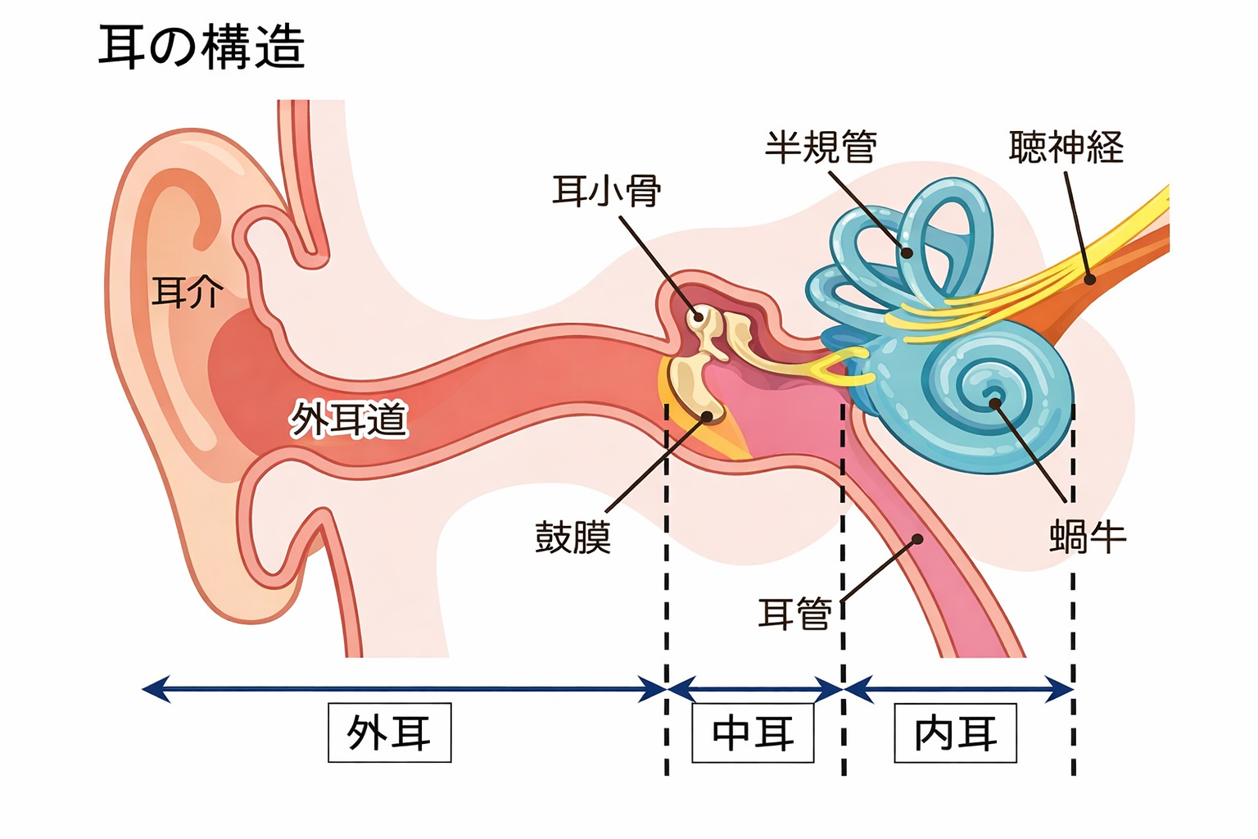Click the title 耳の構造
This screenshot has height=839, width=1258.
[x=201, y=48]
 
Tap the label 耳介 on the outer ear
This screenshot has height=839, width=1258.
[x=188, y=293]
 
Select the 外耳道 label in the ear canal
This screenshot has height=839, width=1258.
[x=349, y=419]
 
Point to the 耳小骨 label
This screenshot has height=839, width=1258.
[x=606, y=192]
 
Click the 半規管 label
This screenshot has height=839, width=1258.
[x=821, y=147]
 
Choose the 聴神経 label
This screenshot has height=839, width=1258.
[x=1066, y=147]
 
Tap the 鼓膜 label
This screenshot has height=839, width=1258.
[x=572, y=537]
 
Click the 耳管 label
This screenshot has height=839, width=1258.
[x=794, y=613]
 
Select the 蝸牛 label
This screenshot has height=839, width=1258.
[x=1088, y=537]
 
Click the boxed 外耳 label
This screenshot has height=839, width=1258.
[x=389, y=732]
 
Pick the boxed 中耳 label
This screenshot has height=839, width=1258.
[x=753, y=732]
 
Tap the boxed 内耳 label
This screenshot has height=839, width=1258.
[x=955, y=732]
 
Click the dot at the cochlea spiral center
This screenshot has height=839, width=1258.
[x=994, y=402]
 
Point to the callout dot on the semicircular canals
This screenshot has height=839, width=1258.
[x=907, y=253]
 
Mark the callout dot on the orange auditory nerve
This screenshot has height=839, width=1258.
[x=1090, y=279]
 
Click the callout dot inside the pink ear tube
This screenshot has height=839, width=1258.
[x=918, y=539]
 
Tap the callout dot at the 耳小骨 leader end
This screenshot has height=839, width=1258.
[x=699, y=316]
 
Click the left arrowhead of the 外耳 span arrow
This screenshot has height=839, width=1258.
[x=147, y=689]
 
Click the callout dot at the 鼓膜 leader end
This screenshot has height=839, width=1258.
[x=708, y=416]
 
